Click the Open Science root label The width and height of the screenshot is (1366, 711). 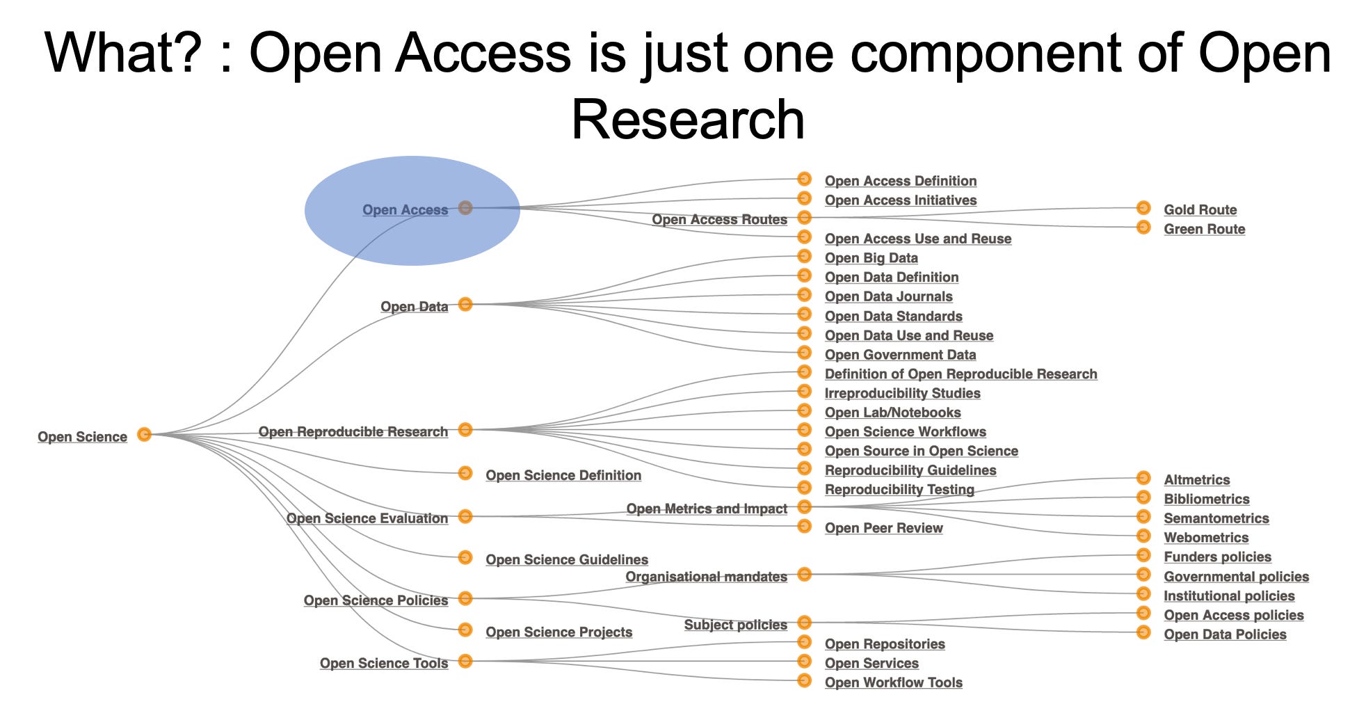pyautogui.click(x=82, y=437)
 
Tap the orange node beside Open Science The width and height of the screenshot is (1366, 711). pyautogui.click(x=144, y=434)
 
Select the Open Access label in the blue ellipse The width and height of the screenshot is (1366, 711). pyautogui.click(x=405, y=209)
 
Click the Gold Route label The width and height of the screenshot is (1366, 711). pyautogui.click(x=1200, y=209)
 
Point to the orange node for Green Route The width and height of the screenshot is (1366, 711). pyautogui.click(x=1143, y=227)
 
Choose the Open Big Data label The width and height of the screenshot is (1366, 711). pyautogui.click(x=871, y=258)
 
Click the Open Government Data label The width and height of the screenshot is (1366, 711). pyautogui.click(x=900, y=355)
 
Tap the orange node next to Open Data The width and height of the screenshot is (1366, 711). pyautogui.click(x=465, y=304)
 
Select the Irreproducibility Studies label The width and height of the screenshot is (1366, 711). pyautogui.click(x=902, y=393)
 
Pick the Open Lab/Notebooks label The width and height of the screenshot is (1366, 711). pyautogui.click(x=892, y=413)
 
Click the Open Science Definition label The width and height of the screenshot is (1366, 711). pyautogui.click(x=563, y=475)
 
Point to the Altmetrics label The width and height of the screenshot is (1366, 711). pyautogui.click(x=1196, y=479)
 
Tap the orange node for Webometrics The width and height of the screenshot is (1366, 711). pyautogui.click(x=1143, y=536)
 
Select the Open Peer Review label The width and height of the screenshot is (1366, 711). pyautogui.click(x=883, y=528)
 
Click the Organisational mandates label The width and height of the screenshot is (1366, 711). pyautogui.click(x=706, y=577)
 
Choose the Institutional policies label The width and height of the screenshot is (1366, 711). pyautogui.click(x=1229, y=596)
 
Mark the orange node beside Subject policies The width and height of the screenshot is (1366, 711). pyautogui.click(x=804, y=622)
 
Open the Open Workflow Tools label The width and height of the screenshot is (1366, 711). pyautogui.click(x=893, y=682)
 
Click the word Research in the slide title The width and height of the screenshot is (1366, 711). pyautogui.click(x=687, y=119)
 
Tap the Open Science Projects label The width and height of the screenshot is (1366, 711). pyautogui.click(x=559, y=632)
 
